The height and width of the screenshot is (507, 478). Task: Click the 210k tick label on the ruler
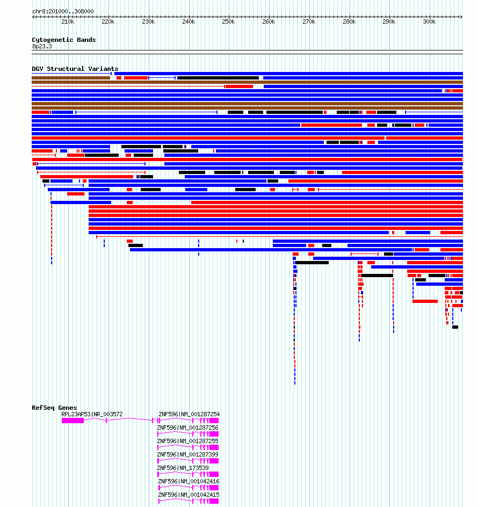click(x=68, y=21)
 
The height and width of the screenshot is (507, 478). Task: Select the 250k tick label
click(x=228, y=21)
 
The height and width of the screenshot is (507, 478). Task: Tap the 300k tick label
click(x=429, y=21)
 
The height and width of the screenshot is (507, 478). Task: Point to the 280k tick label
click(x=349, y=21)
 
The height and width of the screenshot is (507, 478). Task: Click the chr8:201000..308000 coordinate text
click(x=63, y=11)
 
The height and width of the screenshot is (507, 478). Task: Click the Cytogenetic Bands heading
click(x=64, y=40)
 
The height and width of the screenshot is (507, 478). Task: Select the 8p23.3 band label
click(x=42, y=46)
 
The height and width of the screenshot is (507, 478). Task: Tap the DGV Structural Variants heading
click(x=75, y=69)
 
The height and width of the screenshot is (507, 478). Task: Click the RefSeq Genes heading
click(x=54, y=408)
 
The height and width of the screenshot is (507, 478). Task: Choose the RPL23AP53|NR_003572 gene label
click(x=92, y=414)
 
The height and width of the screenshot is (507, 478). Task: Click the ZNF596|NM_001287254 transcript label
click(x=189, y=414)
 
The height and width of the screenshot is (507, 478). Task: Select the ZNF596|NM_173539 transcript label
click(x=183, y=468)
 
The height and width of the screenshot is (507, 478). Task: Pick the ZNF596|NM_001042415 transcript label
click(x=189, y=495)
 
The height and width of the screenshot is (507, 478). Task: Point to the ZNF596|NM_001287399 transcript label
click(x=187, y=454)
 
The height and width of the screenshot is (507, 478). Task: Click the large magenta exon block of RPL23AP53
click(x=73, y=421)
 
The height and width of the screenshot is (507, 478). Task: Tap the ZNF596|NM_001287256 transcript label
click(x=187, y=428)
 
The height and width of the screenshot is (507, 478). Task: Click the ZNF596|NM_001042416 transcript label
click(x=189, y=481)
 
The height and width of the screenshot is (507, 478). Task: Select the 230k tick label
click(x=148, y=21)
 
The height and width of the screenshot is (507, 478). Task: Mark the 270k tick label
click(x=309, y=21)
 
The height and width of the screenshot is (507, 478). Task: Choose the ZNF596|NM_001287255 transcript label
click(x=187, y=441)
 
